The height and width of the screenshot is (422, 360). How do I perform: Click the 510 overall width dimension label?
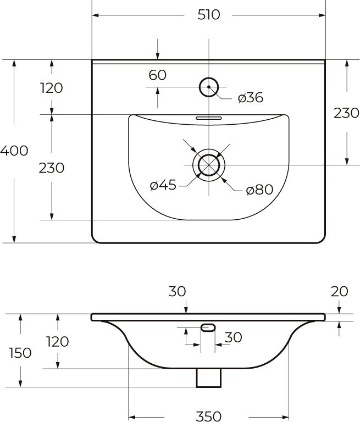click(208, 15)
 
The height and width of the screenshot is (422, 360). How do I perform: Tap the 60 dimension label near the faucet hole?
click(157, 75)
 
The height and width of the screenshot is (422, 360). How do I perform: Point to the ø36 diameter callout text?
click(250, 98)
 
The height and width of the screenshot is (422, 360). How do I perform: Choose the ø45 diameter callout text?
click(163, 186)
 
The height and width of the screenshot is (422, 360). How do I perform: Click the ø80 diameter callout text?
click(259, 190)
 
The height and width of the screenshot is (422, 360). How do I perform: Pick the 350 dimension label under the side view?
click(208, 415)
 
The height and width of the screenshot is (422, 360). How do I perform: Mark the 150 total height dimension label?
click(20, 353)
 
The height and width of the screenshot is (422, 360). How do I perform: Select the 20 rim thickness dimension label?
click(340, 291)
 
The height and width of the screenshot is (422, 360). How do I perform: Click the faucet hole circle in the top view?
click(209, 87)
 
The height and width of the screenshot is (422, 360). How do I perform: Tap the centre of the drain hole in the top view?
click(209, 165)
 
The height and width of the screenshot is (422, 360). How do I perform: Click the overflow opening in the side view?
click(209, 328)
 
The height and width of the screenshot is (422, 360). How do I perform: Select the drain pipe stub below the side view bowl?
click(209, 377)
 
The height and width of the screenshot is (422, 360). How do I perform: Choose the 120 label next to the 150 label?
click(57, 342)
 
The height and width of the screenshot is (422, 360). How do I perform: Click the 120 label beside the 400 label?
click(52, 88)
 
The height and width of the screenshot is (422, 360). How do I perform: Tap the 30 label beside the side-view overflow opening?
click(234, 337)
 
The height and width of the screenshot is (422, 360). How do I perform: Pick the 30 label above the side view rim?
click(178, 291)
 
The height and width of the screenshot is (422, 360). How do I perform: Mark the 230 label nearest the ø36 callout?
click(346, 113)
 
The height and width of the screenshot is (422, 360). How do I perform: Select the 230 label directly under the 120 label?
click(52, 168)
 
